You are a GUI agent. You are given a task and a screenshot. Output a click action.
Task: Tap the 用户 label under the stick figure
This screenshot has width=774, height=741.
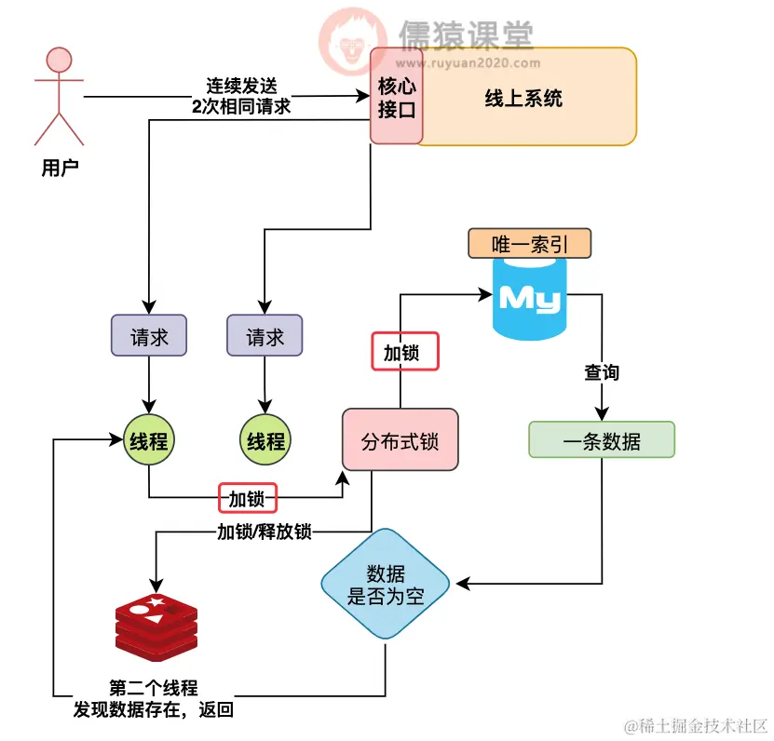coord(59,168)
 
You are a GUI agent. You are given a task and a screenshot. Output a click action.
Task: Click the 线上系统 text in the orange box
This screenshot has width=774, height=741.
coord(523,98)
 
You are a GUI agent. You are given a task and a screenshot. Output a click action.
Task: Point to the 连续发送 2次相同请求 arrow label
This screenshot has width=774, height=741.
coord(241,96)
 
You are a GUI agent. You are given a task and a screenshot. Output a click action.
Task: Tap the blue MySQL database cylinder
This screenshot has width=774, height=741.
coord(529,299)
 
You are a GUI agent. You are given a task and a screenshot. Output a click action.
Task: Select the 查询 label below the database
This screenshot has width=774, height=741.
coord(601,372)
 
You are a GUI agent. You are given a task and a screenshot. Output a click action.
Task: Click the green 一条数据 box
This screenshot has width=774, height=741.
coord(601,440)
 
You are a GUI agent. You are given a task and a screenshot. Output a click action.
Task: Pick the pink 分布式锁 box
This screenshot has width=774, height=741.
coord(401,438)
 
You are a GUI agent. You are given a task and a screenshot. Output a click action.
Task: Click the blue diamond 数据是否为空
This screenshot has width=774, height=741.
coord(386,585)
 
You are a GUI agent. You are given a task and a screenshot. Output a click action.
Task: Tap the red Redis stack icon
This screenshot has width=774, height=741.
coord(156,625)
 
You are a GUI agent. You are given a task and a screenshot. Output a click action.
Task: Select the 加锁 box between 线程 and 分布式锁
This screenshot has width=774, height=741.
coord(248,498)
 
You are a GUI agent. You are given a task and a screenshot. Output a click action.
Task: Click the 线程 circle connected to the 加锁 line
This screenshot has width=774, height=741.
coord(149,440)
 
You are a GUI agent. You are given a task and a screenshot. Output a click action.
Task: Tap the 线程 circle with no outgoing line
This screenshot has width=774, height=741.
coord(265,440)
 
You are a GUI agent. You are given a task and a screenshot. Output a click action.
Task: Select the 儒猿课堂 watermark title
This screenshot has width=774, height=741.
coord(466,34)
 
